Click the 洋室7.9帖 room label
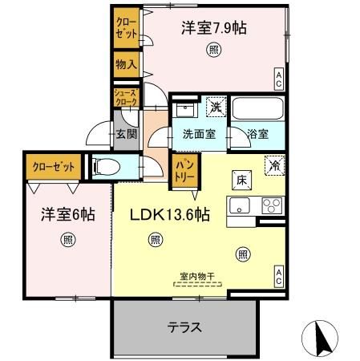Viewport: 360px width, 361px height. pyautogui.click(x=212, y=28)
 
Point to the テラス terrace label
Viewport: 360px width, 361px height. pyautogui.click(x=184, y=327)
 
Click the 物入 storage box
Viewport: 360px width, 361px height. pyautogui.click(x=125, y=63)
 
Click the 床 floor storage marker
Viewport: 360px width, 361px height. pyautogui.click(x=241, y=179)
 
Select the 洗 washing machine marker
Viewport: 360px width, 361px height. pyautogui.click(x=215, y=106)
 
